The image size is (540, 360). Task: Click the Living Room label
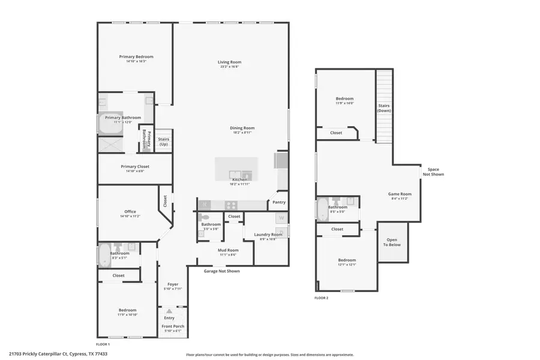point(229,62)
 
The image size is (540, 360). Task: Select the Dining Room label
point(242,128)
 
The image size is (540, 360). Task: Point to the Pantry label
point(279,202)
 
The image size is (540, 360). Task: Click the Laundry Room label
point(268,235)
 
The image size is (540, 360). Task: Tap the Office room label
point(130,212)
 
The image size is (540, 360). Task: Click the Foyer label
point(173,284)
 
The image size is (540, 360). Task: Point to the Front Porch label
point(173,326)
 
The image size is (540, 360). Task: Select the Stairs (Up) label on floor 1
point(164,142)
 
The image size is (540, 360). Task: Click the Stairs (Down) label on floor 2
point(384,108)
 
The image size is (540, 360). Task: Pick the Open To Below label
point(393,242)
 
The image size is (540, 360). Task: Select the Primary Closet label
point(135,166)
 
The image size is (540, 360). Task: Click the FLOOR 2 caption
point(322,298)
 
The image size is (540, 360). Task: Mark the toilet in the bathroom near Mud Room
point(205,218)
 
